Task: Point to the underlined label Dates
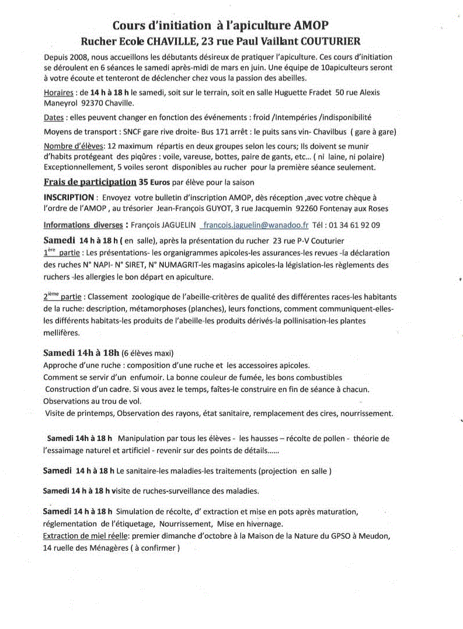pos(54,117)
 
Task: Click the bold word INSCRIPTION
pos(68,197)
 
